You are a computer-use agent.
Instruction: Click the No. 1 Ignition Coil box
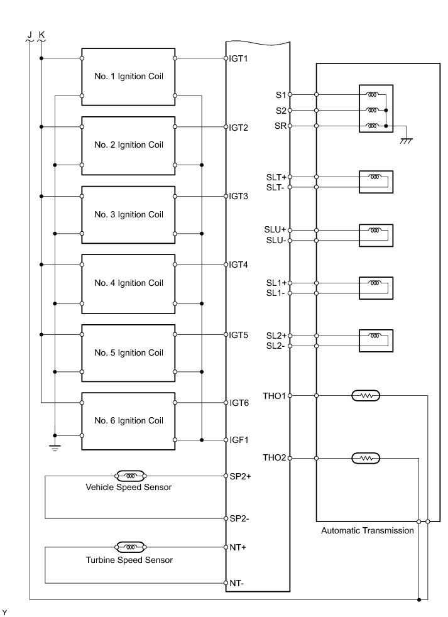click(128, 76)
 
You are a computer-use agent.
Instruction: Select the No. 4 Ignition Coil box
click(128, 283)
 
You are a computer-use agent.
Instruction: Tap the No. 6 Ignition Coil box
click(128, 420)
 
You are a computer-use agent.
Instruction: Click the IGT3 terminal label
click(239, 196)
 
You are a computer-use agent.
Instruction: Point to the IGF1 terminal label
click(239, 439)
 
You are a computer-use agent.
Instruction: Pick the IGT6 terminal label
click(239, 403)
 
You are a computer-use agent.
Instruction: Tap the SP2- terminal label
click(240, 518)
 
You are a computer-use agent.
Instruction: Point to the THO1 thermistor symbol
click(365, 396)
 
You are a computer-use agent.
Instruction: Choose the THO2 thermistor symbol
click(365, 458)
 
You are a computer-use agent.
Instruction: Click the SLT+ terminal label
click(276, 177)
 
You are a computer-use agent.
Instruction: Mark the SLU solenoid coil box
click(376, 235)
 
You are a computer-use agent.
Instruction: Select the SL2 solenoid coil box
click(376, 341)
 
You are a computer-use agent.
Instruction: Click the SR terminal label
click(280, 126)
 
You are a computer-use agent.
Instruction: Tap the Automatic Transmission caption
click(368, 530)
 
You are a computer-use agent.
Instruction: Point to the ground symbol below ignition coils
click(55, 447)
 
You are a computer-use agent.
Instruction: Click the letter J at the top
click(30, 33)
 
